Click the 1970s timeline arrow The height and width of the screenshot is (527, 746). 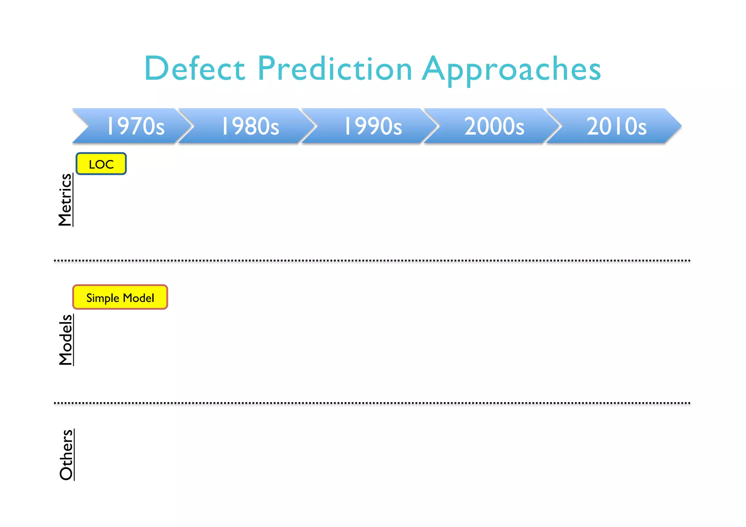pyautogui.click(x=135, y=126)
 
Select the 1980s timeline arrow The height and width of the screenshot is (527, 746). pyautogui.click(x=250, y=126)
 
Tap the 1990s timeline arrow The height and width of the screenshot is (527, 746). pyautogui.click(x=372, y=126)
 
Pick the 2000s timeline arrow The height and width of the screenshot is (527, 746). pyautogui.click(x=494, y=126)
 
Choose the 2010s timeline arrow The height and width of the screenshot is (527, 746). pyautogui.click(x=616, y=126)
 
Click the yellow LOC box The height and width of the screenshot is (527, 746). pyautogui.click(x=101, y=164)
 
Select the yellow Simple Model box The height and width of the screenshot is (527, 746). pyautogui.click(x=120, y=298)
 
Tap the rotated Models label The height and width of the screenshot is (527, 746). pyautogui.click(x=66, y=339)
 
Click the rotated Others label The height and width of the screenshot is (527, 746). pyautogui.click(x=67, y=455)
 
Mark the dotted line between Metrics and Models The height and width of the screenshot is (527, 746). pyautogui.click(x=372, y=261)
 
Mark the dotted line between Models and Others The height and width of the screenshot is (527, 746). pyautogui.click(x=372, y=403)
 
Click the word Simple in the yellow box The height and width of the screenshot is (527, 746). pyautogui.click(x=103, y=298)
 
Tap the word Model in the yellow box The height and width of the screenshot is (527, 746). pyautogui.click(x=138, y=298)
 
